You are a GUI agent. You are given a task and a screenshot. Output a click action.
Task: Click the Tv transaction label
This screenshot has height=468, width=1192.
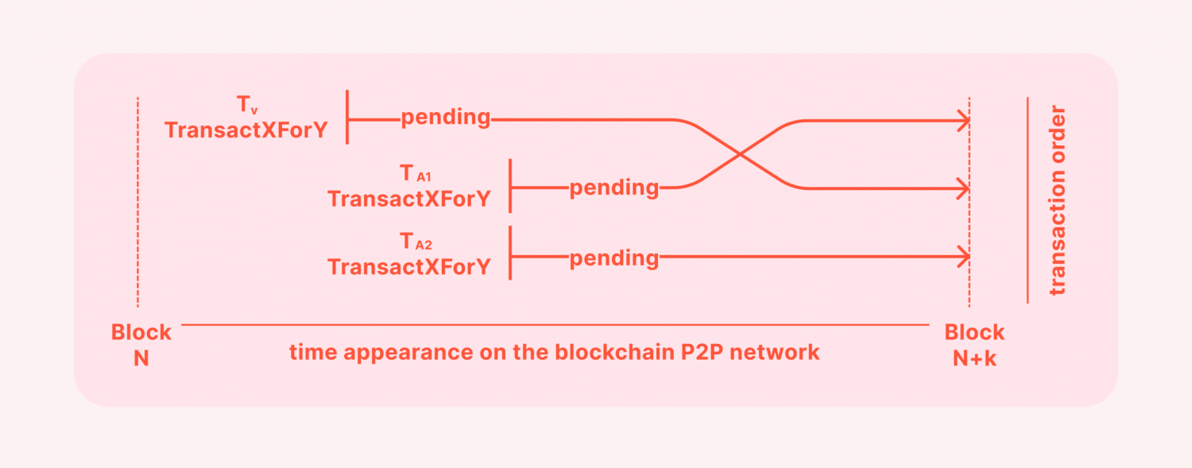point(247,104)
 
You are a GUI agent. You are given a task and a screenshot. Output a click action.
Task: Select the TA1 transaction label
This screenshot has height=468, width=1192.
point(415,173)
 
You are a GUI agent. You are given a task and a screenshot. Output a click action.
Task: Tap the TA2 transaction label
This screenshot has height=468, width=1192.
point(416,242)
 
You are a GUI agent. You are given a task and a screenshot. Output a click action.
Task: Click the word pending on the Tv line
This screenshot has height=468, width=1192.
point(445,118)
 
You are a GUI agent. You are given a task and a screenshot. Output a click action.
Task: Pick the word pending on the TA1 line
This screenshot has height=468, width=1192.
point(614,188)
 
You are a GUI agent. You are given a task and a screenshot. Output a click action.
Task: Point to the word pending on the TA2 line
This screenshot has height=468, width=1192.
point(614,259)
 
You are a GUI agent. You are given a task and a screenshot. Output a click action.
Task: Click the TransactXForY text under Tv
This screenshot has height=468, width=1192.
point(246,130)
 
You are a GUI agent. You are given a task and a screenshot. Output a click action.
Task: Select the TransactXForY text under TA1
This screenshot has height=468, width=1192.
point(408,199)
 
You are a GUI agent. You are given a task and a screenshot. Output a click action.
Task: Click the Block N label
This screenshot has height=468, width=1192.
point(141,345)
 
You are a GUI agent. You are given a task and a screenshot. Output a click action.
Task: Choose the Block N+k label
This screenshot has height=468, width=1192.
point(974,345)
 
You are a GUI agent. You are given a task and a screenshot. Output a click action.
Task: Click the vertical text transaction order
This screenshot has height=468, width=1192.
point(1058,200)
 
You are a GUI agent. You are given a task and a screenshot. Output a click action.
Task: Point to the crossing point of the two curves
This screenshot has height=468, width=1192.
point(740,154)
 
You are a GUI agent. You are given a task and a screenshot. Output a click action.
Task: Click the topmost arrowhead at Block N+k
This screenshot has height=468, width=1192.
point(963,121)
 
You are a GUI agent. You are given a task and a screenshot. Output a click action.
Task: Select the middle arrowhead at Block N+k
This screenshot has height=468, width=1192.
point(963,188)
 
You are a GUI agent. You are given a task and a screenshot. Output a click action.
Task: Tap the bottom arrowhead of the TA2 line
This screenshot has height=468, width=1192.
point(963,257)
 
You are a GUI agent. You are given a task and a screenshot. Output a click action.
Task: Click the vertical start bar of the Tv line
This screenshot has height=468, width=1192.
point(347,117)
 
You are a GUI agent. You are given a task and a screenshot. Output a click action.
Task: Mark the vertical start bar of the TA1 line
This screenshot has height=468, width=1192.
point(510,186)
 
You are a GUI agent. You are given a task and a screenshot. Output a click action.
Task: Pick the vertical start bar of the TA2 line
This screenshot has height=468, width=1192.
point(510,253)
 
